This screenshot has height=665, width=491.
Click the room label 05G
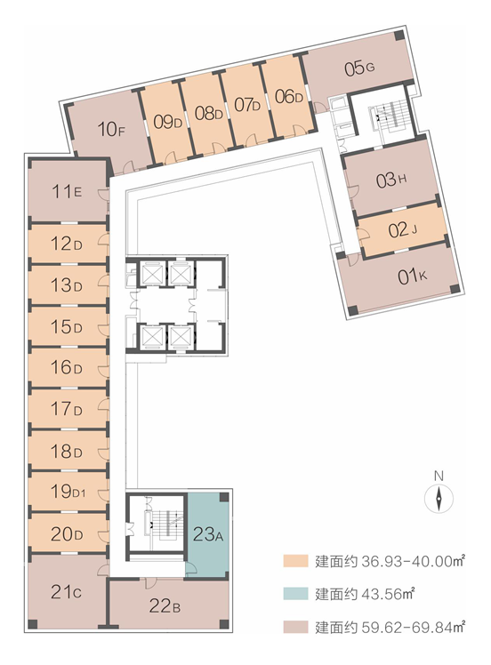[359, 68]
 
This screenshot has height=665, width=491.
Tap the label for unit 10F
[111, 129]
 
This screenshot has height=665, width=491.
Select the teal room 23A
[208, 534]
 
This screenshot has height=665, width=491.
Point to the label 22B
[165, 605]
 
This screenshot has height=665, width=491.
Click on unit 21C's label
[66, 591]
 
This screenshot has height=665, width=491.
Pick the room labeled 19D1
[68, 492]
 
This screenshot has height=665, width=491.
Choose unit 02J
[403, 230]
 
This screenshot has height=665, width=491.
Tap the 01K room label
[412, 277]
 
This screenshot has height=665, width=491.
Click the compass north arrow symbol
[439, 499]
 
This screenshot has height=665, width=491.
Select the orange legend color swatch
[295, 561]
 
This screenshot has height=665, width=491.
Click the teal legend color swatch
[295, 593]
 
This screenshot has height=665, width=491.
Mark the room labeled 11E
[67, 192]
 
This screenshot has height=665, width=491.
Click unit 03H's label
[391, 180]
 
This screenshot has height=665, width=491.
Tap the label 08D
[208, 113]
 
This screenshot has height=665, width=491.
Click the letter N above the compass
[439, 476]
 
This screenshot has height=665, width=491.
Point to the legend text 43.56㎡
[388, 594]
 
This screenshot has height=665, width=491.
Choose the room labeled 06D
[288, 97]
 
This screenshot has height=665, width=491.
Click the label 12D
[66, 244]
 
